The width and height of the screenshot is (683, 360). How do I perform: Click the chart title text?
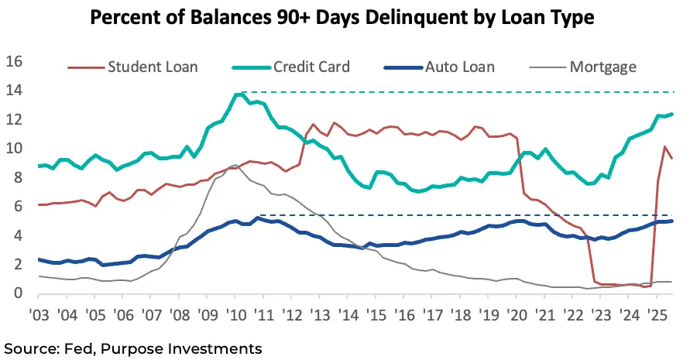point(341,18)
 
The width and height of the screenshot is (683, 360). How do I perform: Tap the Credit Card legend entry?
point(311,67)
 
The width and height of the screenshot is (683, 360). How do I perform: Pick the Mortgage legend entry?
point(602,67)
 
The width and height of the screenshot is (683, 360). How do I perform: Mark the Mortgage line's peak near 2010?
point(235,165)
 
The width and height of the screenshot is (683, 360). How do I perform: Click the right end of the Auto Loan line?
point(671,221)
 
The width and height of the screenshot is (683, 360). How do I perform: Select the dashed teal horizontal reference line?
point(465,92)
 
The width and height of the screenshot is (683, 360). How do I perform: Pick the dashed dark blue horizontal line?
point(465,215)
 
